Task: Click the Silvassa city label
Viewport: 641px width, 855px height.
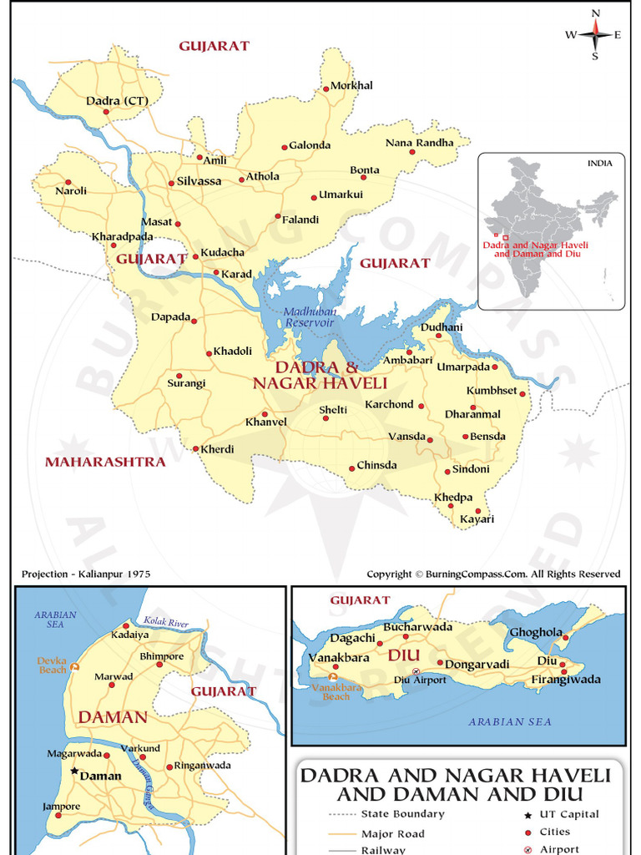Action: pyautogui.click(x=199, y=181)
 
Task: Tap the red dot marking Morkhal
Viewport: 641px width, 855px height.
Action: pyautogui.click(x=326, y=89)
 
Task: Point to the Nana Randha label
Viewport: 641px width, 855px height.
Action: pyautogui.click(x=419, y=143)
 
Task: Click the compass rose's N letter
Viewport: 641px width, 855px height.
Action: pyautogui.click(x=595, y=13)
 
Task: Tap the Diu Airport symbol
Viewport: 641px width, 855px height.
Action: pyautogui.click(x=416, y=671)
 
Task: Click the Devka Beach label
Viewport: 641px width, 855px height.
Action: pyautogui.click(x=52, y=665)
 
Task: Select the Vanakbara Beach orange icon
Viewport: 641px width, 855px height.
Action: pyautogui.click(x=334, y=677)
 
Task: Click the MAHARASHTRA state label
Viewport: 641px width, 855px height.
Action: pyautogui.click(x=105, y=462)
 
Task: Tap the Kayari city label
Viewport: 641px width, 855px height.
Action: pyautogui.click(x=477, y=519)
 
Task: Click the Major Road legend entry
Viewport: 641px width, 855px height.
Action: pyautogui.click(x=392, y=833)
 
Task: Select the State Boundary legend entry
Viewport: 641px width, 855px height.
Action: pyautogui.click(x=402, y=814)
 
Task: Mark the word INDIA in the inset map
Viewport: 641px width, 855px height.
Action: pyautogui.click(x=599, y=164)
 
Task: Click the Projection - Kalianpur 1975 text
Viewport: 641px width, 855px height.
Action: pyautogui.click(x=86, y=574)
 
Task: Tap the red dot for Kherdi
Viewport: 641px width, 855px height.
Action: pyautogui.click(x=197, y=448)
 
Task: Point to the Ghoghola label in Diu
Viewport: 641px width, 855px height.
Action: pyautogui.click(x=536, y=632)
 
